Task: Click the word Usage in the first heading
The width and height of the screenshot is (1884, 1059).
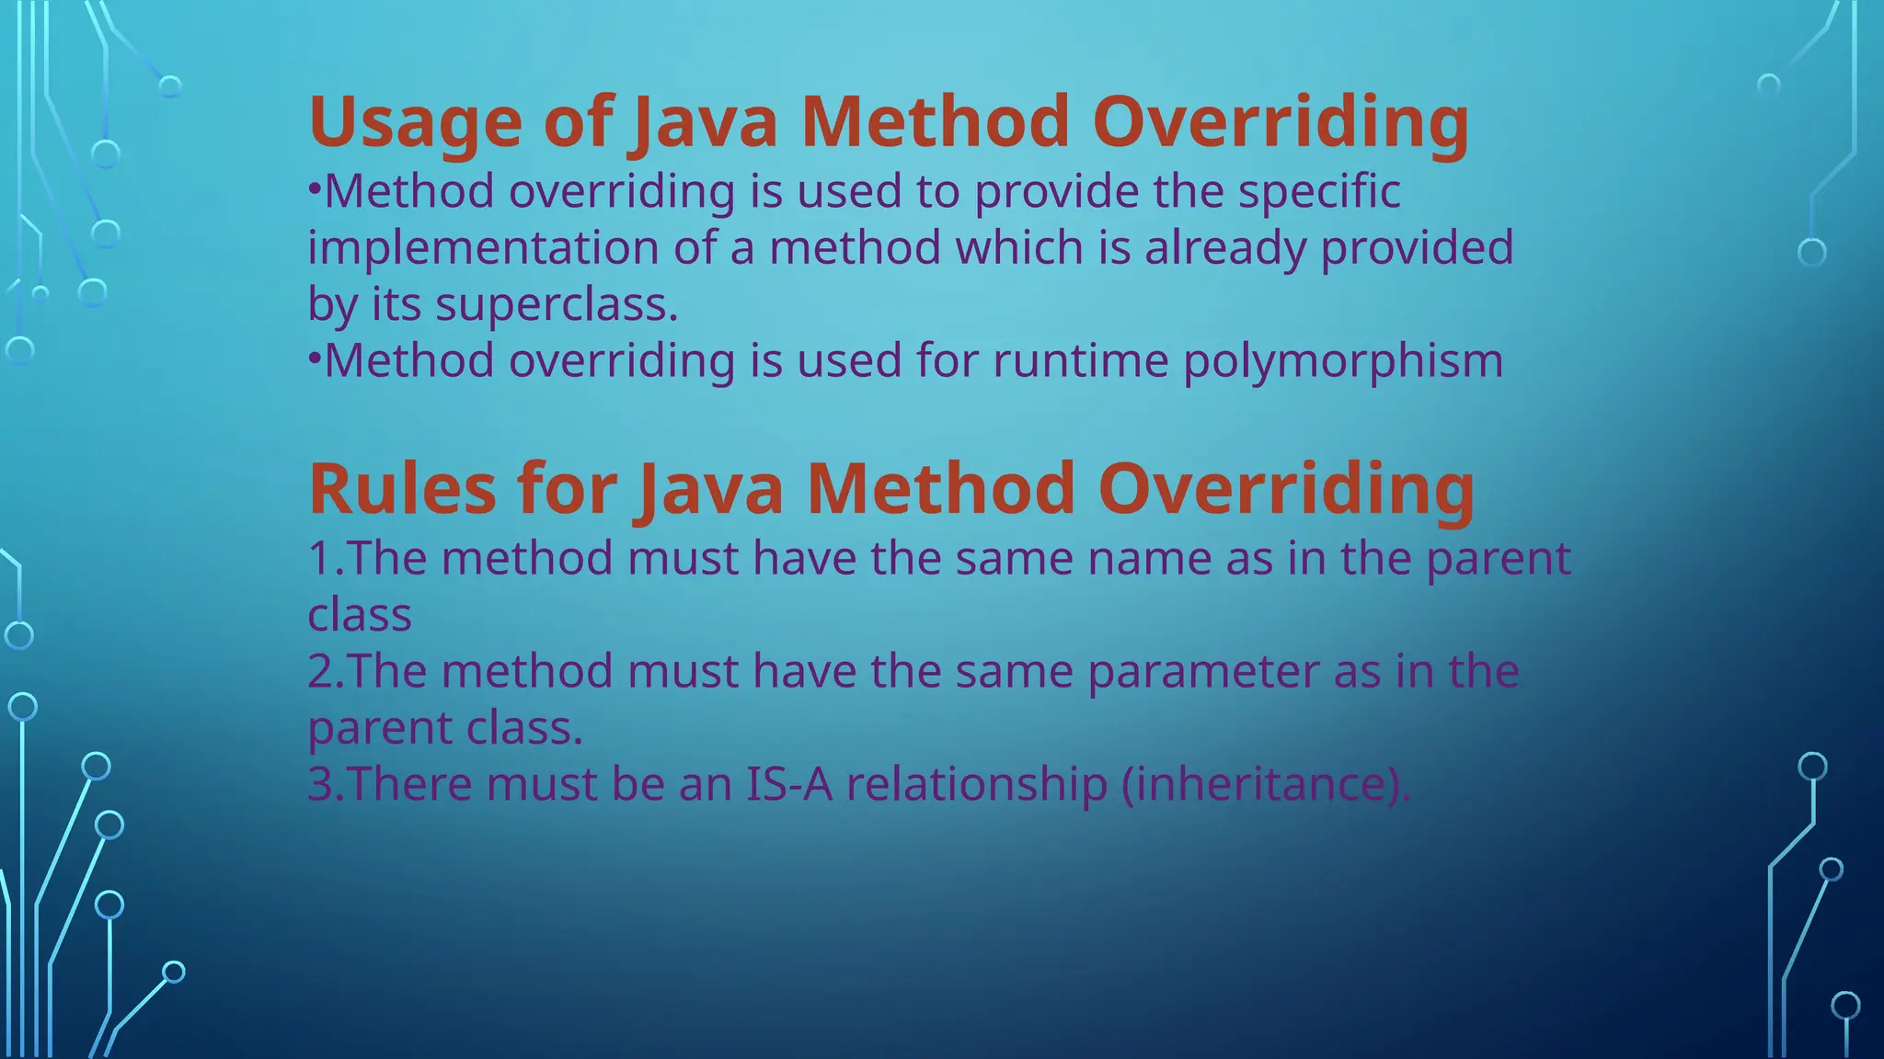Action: pos(416,123)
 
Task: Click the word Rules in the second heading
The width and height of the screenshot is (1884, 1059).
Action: pos(403,489)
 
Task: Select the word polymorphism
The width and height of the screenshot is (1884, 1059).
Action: pos(1343,361)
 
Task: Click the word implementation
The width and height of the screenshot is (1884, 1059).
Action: pos(483,248)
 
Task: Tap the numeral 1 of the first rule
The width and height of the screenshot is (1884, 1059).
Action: pos(319,559)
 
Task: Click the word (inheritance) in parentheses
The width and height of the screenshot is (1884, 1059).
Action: pos(1266,784)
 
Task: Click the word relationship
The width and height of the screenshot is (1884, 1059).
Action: pos(977,784)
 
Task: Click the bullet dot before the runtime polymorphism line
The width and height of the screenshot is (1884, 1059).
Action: pos(314,358)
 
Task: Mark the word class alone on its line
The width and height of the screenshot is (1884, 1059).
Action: pos(360,616)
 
